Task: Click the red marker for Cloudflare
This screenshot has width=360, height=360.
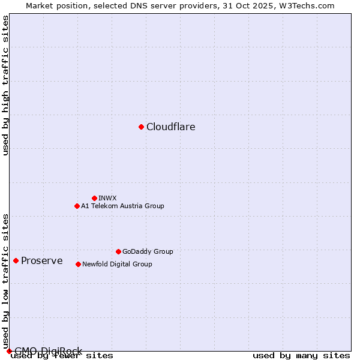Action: tap(141, 127)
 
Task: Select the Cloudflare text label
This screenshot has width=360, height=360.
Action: tap(171, 127)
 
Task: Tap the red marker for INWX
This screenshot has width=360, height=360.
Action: tap(94, 198)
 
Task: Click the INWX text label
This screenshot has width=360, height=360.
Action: tap(108, 198)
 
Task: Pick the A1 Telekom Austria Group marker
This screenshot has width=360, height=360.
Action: tap(77, 206)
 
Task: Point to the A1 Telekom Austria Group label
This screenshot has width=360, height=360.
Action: tap(122, 206)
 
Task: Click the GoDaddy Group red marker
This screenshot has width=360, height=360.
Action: tap(118, 251)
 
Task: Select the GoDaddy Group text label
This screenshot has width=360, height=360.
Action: tap(148, 251)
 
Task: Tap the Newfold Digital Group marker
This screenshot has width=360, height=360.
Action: tap(78, 264)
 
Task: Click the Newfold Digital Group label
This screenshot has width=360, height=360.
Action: tap(117, 264)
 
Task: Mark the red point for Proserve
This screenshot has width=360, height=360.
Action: tap(16, 260)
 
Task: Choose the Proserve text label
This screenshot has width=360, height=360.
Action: tap(42, 260)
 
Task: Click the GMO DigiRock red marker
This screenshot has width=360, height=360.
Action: tap(8, 351)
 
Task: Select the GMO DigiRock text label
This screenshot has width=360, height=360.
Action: tap(48, 351)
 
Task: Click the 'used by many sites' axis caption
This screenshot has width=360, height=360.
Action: tap(301, 356)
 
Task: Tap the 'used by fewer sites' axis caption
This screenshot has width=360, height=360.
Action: tap(62, 356)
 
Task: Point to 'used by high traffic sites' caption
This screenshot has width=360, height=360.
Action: tap(6, 85)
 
